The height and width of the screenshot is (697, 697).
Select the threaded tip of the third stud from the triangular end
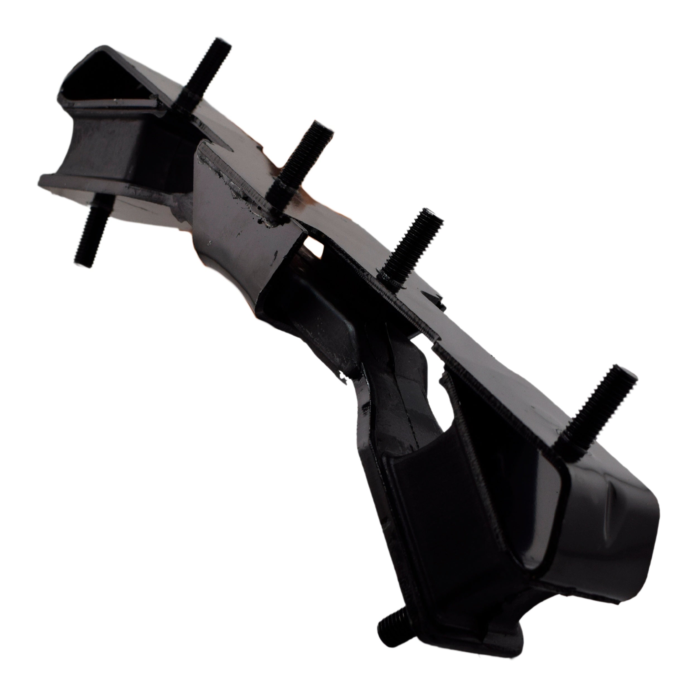pos(431,216)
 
